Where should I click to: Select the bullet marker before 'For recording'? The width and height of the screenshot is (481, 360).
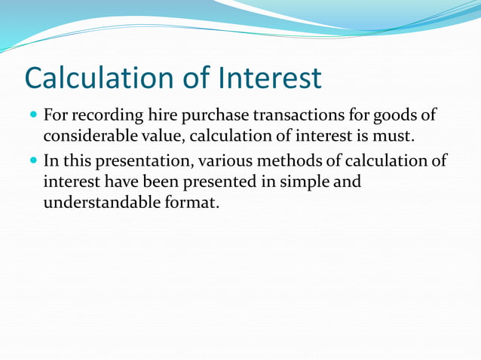(33, 117)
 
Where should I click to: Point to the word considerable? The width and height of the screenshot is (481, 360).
(90, 139)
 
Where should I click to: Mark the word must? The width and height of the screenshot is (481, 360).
(396, 139)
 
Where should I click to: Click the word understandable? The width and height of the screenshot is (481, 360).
(102, 203)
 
